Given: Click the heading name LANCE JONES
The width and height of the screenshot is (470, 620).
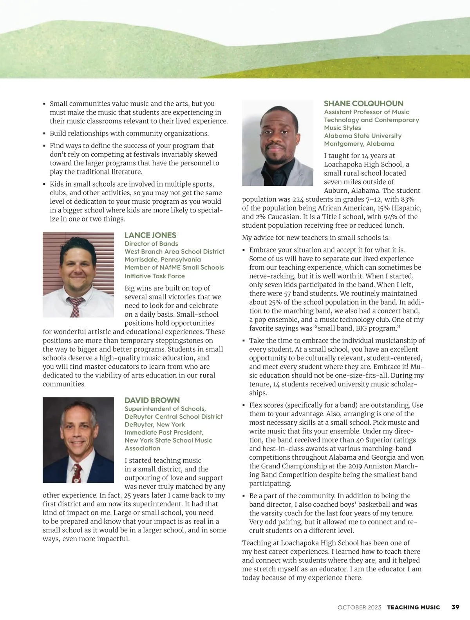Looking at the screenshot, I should (x=150, y=235).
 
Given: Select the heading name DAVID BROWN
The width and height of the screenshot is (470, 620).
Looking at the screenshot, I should (x=152, y=400).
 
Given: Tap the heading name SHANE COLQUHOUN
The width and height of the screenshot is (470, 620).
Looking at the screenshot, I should (x=363, y=103).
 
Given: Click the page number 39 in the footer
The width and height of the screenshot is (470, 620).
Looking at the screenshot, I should (x=455, y=607).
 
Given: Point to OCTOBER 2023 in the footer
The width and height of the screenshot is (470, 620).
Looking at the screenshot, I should (x=359, y=607).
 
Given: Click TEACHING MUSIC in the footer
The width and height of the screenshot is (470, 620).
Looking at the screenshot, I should (x=413, y=607).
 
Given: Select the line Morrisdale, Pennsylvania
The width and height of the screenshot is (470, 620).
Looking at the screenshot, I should (x=163, y=259).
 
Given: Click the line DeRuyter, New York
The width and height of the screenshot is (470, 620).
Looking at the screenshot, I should (x=155, y=424).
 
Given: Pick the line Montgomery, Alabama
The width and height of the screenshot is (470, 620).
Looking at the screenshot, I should (x=359, y=144).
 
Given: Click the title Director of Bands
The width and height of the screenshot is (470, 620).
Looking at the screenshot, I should (x=151, y=243).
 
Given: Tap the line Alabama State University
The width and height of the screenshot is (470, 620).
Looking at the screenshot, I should (x=363, y=136).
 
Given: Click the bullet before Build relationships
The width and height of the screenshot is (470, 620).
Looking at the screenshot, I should (x=44, y=134).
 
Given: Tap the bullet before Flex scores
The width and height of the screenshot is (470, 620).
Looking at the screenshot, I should (x=244, y=405).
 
